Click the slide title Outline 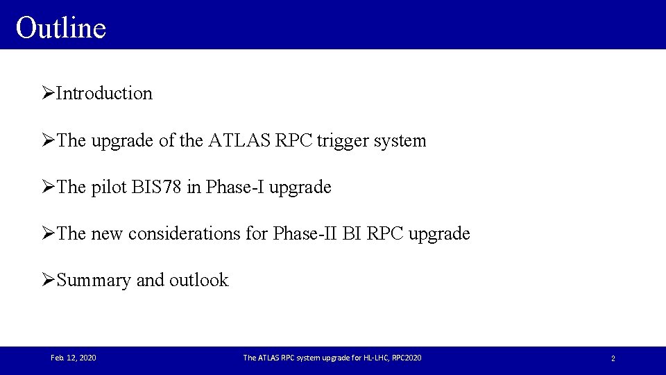[x=61, y=28]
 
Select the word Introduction [x=104, y=94]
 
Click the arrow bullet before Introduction [x=48, y=93]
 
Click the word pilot [x=108, y=187]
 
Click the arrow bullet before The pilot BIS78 [x=48, y=187]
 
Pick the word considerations [x=183, y=234]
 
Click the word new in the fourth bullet [x=107, y=234]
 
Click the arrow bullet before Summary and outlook [x=48, y=280]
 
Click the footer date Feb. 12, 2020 [x=74, y=358]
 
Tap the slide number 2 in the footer [x=613, y=358]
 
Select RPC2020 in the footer [x=404, y=358]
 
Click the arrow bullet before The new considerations [x=48, y=234]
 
